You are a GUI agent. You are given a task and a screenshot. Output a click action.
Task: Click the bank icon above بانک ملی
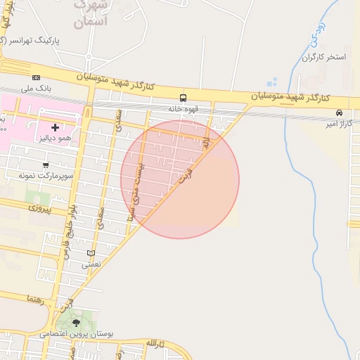pos(36,77)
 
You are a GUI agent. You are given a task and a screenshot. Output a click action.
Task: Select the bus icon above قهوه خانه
pos(184,98)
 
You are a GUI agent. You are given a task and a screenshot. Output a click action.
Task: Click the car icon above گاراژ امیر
pos(340,112)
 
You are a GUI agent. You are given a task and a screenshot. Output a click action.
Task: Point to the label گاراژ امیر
pos(338,124)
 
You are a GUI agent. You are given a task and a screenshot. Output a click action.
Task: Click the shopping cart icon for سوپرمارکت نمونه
pos(46,165)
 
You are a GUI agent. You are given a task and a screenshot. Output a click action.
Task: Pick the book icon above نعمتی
pos(91,253)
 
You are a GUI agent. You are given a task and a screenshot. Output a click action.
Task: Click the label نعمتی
pos(91,264)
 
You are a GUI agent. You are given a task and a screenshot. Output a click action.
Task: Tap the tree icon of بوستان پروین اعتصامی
pos(77,323)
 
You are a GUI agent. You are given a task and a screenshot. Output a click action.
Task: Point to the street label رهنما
pos(35,299)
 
